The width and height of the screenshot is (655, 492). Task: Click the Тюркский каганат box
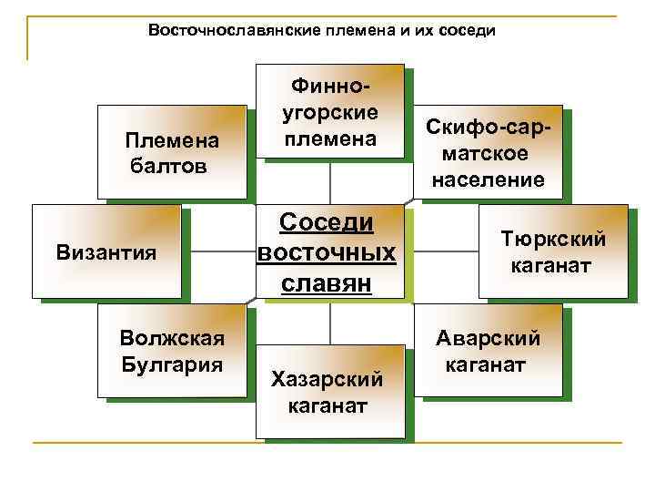pyautogui.click(x=553, y=251)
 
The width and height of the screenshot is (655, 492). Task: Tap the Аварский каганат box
pyautogui.click(x=488, y=351)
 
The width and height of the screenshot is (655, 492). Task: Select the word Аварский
pyautogui.click(x=488, y=339)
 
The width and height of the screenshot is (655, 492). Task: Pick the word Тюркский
pyautogui.click(x=553, y=240)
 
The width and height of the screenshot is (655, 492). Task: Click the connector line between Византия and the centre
pyautogui.click(x=217, y=251)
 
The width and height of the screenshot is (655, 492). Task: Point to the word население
pyautogui.click(x=489, y=180)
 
